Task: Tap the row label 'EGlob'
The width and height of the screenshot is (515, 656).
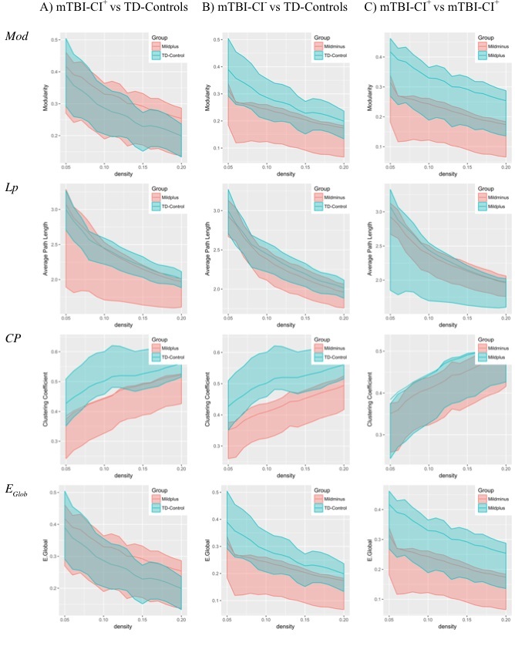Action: (x=17, y=488)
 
